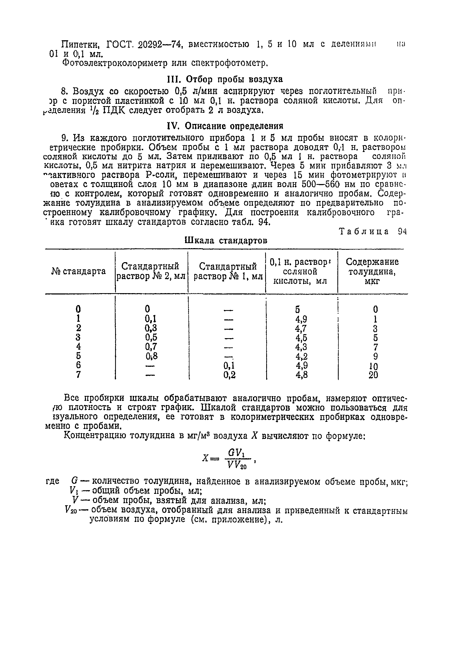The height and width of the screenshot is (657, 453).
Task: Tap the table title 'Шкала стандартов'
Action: pyautogui.click(x=226, y=241)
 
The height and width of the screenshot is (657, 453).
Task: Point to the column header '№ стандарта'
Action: pyautogui.click(x=79, y=271)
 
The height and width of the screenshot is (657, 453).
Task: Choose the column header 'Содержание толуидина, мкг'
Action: pyautogui.click(x=372, y=271)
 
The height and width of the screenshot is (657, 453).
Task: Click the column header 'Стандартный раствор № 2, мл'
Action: pyautogui.click(x=151, y=271)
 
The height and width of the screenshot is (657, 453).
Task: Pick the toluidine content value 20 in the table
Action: pyautogui.click(x=373, y=375)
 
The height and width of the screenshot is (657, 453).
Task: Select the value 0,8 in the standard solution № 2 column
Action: pyautogui.click(x=151, y=356)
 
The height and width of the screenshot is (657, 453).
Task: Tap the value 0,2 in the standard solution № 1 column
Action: pyautogui.click(x=229, y=375)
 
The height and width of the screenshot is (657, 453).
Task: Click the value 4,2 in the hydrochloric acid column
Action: pyautogui.click(x=301, y=356)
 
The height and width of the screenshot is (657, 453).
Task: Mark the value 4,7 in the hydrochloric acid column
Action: pyautogui.click(x=301, y=328)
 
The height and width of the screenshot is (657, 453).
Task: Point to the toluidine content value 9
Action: pyautogui.click(x=375, y=356)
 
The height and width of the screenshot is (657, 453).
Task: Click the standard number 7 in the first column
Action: pyautogui.click(x=78, y=375)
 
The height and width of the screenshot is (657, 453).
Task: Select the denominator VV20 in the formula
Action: pyautogui.click(x=237, y=465)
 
